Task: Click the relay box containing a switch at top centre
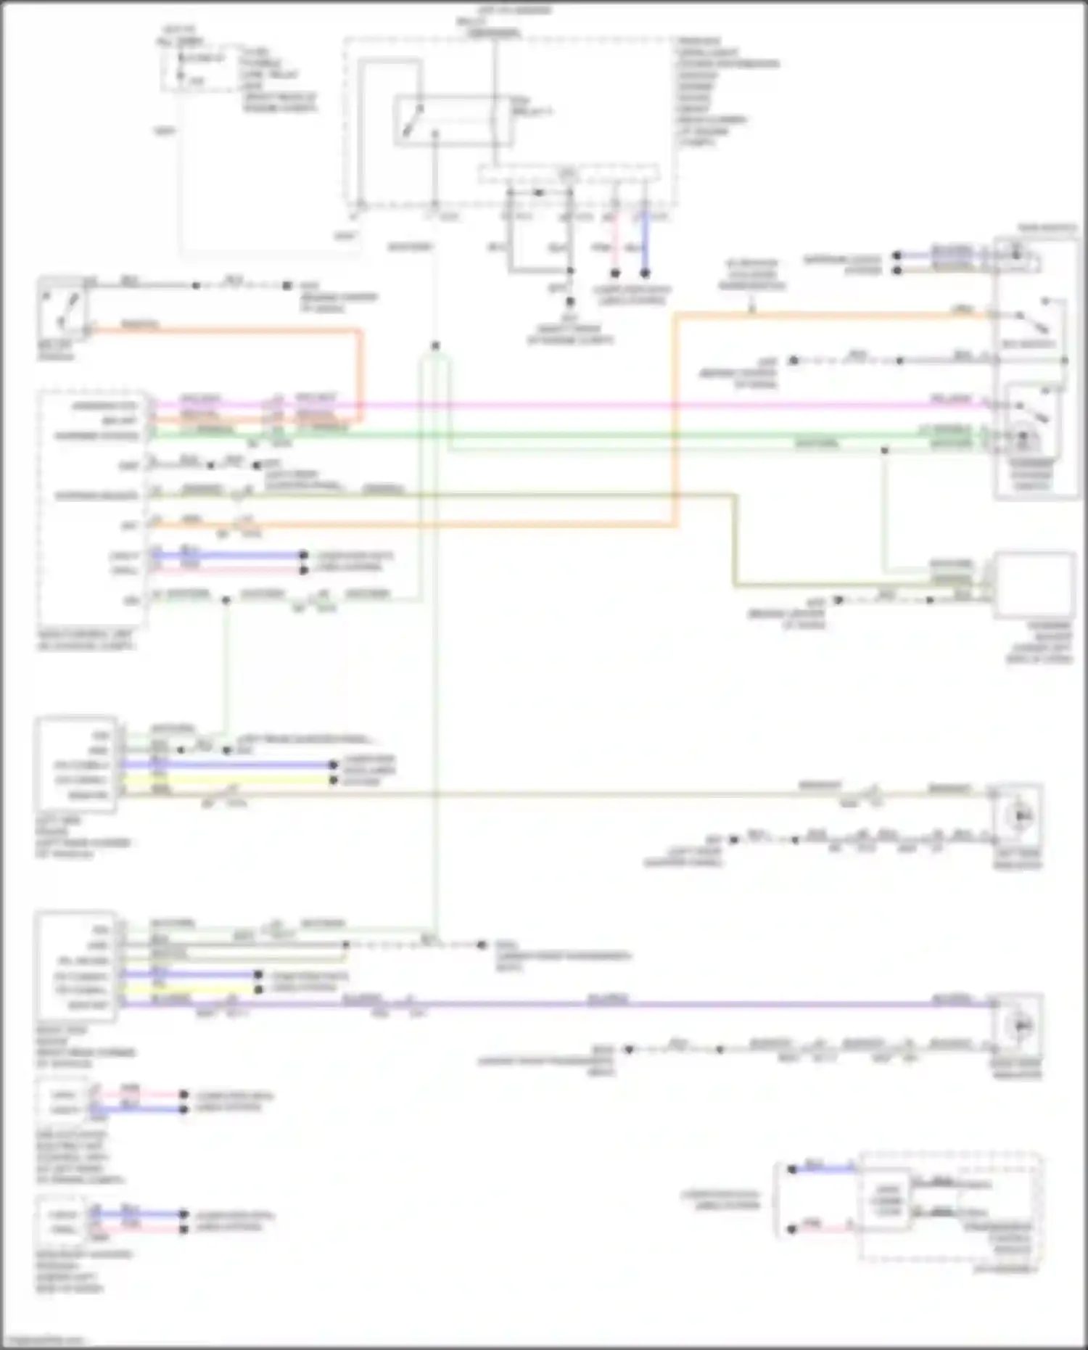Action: [x=453, y=120]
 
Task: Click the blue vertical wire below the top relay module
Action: [x=645, y=243]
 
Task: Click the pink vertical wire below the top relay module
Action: [x=615, y=243]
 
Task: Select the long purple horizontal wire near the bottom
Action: [x=580, y=1005]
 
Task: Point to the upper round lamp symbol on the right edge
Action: [x=1021, y=816]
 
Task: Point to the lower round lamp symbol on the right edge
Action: [x=1021, y=1024]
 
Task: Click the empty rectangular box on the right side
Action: [x=1034, y=585]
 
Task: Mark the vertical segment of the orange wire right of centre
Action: [x=675, y=421]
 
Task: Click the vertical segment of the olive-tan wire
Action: [x=735, y=540]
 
